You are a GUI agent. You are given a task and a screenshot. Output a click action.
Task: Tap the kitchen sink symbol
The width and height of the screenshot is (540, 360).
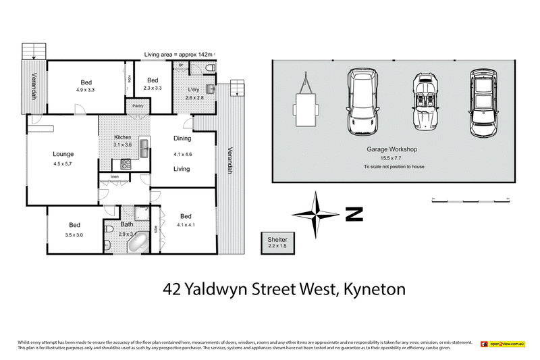tap(143, 147)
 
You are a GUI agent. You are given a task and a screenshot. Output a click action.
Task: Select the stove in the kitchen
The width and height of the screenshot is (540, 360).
tap(126, 163)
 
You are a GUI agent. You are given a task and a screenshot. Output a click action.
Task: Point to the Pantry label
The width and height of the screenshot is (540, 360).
tap(138, 106)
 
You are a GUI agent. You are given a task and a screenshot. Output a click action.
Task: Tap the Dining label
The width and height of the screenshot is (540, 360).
tap(182, 138)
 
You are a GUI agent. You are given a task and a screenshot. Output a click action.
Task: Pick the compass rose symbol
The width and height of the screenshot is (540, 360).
tap(316, 214)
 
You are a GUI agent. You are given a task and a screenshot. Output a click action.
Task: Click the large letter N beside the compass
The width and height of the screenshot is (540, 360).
tap(354, 215)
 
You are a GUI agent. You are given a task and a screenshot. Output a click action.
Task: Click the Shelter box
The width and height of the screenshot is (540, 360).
tap(277, 242)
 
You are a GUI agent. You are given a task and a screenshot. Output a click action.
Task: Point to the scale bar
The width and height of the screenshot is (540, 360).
tap(470, 201)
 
